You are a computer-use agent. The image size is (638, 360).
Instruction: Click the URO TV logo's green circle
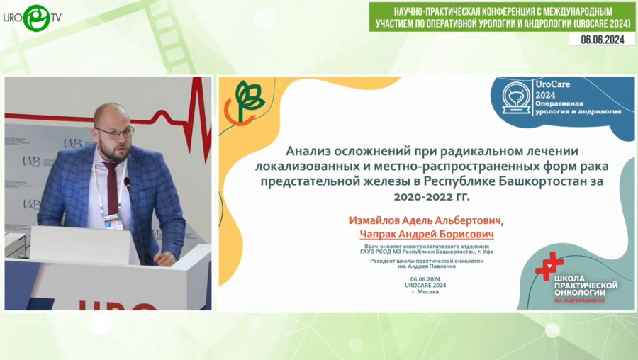pos(36,18)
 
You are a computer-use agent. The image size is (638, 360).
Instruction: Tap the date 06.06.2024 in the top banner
pos(602,40)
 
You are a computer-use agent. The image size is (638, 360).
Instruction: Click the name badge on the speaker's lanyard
pos(113,222)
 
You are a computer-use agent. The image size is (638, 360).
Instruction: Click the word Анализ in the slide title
pos(310,150)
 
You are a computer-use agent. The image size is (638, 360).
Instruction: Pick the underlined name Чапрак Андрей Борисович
pos(426,234)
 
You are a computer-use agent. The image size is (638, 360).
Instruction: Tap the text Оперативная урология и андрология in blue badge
pos(588,108)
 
